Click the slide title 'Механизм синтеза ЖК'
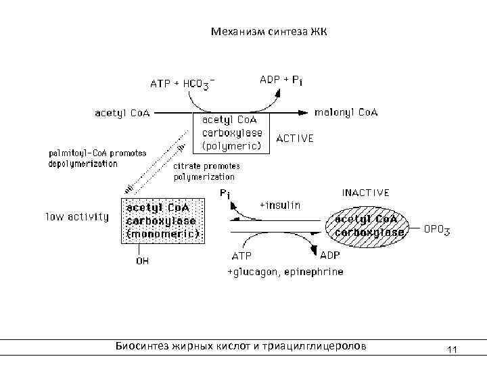coord(269,32)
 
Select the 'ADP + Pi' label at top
coord(281,80)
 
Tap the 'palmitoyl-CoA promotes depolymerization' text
coord(97,158)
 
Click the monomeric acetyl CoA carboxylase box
coord(162,220)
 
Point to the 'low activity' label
coord(77,217)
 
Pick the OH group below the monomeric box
coord(143,262)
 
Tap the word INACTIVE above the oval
coord(365,193)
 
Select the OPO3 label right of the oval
coord(437,230)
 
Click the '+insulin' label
coord(280,204)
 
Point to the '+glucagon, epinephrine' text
coord(285,272)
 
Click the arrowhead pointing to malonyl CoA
coord(306,112)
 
